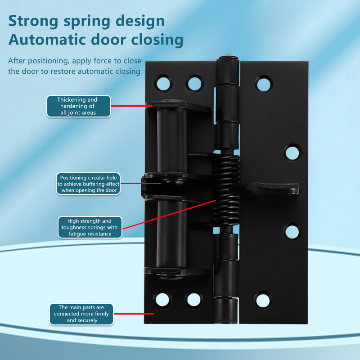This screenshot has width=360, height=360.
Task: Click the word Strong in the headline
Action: coord(33,21)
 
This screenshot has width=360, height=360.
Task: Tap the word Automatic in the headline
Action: coord(48,40)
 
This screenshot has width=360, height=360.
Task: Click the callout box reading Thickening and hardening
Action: coord(79,106)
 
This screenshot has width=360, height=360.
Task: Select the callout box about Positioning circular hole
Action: coord(88,184)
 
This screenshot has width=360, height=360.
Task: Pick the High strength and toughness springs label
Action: coord(90,227)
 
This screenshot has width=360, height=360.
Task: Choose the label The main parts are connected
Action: coord(81,314)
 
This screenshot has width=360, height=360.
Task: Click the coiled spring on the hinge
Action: coord(226,191)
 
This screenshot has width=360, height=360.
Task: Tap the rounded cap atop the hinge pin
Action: coord(228,58)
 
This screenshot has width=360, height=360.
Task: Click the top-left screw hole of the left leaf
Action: coord(163,83)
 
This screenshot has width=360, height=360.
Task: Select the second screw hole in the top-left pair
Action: coord(195,84)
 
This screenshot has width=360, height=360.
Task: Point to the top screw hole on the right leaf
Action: coord(264,84)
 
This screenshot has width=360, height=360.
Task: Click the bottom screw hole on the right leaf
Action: coord(263,301)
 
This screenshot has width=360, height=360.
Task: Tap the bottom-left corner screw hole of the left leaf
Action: coord(162,300)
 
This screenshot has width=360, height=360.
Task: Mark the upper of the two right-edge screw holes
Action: coord(292,153)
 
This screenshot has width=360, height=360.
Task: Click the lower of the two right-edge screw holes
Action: coord(292,232)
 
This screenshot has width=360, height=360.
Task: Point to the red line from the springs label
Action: coord(169,215)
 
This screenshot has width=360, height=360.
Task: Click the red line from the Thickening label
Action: coord(131,106)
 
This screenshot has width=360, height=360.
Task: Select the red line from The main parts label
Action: coord(134,314)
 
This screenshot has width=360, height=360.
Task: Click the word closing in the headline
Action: coord(157,40)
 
